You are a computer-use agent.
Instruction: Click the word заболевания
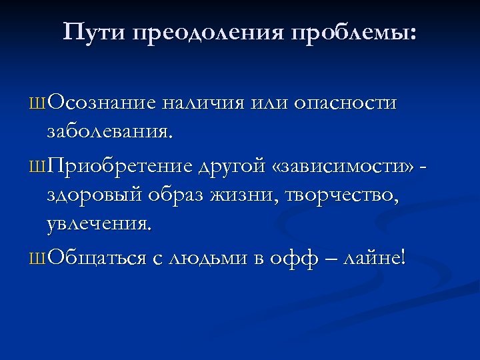(109, 133)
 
